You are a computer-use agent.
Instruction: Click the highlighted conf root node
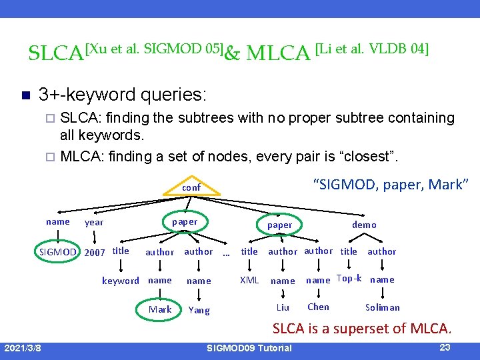(x=191, y=187)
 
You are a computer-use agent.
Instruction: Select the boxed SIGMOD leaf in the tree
(x=57, y=251)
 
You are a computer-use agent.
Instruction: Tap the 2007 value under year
(x=96, y=252)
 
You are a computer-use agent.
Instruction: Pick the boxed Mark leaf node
(x=160, y=309)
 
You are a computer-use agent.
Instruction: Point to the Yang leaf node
(x=199, y=310)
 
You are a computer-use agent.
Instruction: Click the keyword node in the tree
(x=120, y=281)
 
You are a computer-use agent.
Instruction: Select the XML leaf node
(x=249, y=280)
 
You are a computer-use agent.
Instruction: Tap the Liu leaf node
(x=283, y=307)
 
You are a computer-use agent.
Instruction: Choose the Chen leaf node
(x=318, y=307)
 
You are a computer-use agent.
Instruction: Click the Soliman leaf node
(x=383, y=307)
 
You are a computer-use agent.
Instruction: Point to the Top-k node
(x=349, y=279)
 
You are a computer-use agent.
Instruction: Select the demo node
(x=364, y=225)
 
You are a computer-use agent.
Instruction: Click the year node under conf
(x=94, y=222)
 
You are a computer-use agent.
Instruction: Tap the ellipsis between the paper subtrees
(x=226, y=253)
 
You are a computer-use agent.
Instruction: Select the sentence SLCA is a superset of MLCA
(x=362, y=328)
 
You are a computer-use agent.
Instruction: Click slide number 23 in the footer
(x=446, y=347)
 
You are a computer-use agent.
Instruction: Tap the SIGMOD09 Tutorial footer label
(x=249, y=348)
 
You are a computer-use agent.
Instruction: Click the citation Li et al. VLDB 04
(x=371, y=48)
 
